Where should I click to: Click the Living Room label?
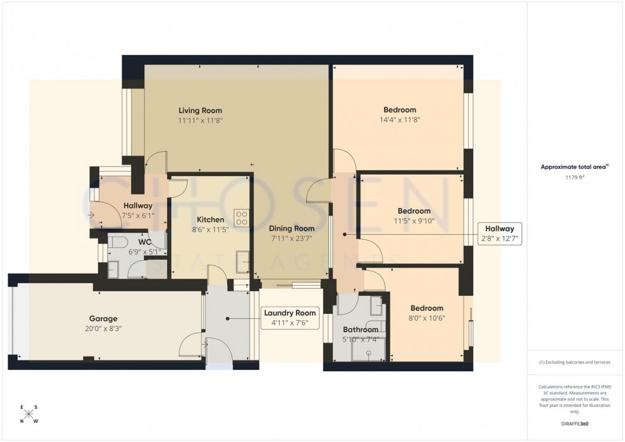pyautogui.click(x=200, y=110)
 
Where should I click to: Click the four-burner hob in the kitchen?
pyautogui.click(x=242, y=218)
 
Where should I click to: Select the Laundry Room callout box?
pyautogui.click(x=289, y=318)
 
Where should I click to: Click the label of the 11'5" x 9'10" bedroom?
pyautogui.click(x=414, y=211)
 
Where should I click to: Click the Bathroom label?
pyautogui.click(x=360, y=330)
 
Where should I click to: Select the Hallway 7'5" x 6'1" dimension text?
pyautogui.click(x=138, y=216)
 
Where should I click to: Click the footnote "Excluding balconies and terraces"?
pyautogui.click(x=575, y=362)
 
